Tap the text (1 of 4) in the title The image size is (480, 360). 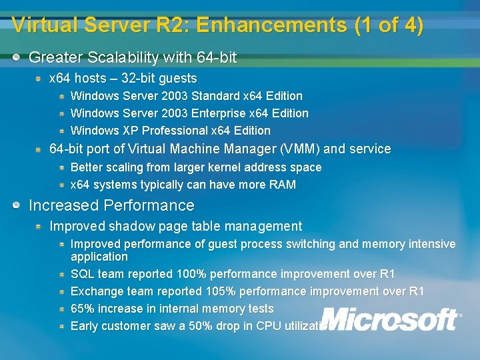pos(389,25)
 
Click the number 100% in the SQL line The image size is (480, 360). pos(191,274)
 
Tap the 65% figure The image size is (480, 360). pos(82,309)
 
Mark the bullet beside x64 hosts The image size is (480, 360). pos(39,79)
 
